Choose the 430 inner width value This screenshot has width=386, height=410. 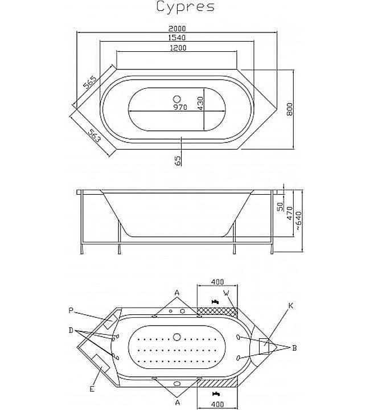pos(200,102)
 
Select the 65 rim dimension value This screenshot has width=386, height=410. pos(178,161)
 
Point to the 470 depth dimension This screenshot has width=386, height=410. pos(289,214)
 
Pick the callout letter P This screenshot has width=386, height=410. pos(71,310)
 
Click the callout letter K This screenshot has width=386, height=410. pos(290,306)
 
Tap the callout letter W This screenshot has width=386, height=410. pos(227,293)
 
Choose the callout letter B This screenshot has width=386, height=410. pos(294,347)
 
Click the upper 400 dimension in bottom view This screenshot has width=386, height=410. pos(216,282)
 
